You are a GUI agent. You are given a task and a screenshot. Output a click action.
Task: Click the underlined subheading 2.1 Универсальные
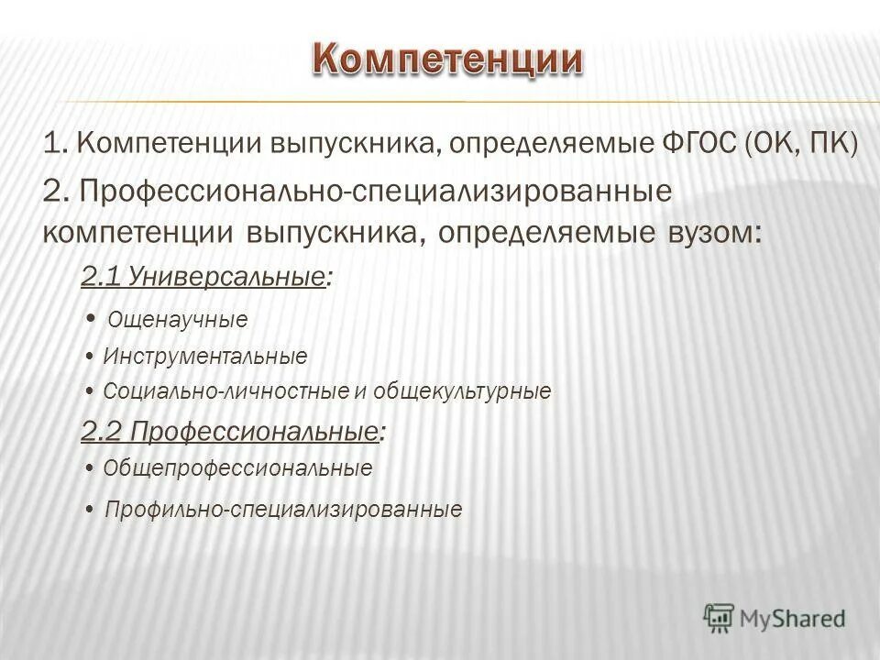[x=203, y=277]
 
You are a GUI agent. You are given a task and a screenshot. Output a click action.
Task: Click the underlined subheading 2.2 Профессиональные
[x=230, y=431]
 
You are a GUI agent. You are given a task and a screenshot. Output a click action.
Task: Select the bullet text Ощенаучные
[x=178, y=320]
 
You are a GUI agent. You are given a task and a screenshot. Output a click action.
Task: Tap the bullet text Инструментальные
[x=205, y=356]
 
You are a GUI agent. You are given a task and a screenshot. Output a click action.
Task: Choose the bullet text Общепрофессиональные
[x=238, y=468]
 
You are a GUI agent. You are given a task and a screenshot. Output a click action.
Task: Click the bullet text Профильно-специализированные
[x=283, y=509]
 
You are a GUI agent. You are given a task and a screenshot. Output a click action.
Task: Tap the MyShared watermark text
[x=793, y=619]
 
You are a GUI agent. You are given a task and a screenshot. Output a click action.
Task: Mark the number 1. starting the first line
[x=56, y=144]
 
